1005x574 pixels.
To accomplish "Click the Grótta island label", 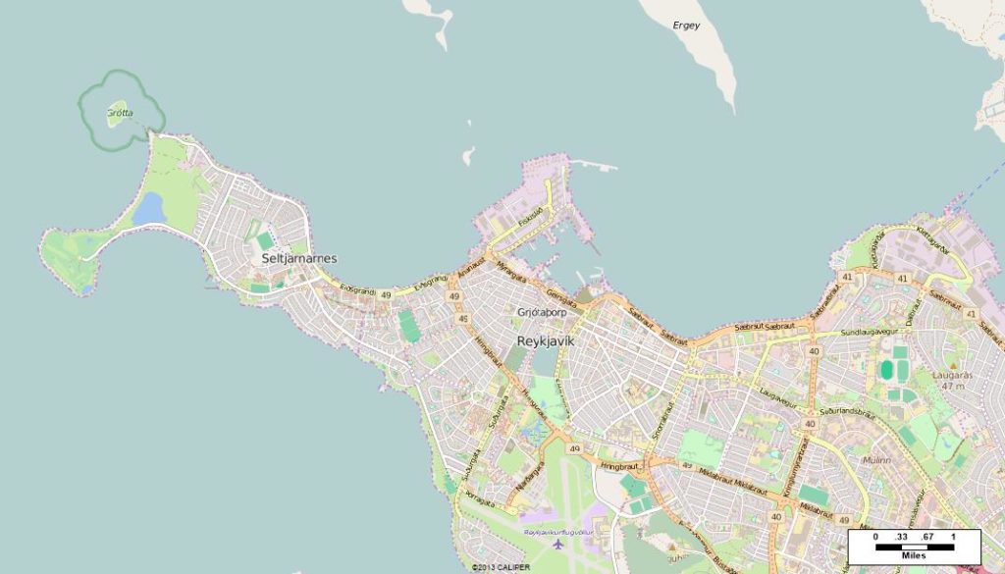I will pyautogui.click(x=120, y=113).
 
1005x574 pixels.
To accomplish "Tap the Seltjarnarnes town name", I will pyautogui.click(x=299, y=258).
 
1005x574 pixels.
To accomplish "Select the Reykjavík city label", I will pyautogui.click(x=545, y=341).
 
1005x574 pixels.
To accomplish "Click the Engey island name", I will pyautogui.click(x=686, y=26).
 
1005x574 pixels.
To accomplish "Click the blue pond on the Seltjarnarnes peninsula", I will pyautogui.click(x=148, y=208).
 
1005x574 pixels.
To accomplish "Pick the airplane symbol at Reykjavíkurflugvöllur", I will pyautogui.click(x=558, y=543).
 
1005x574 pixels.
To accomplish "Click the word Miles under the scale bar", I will pyautogui.click(x=913, y=555).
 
